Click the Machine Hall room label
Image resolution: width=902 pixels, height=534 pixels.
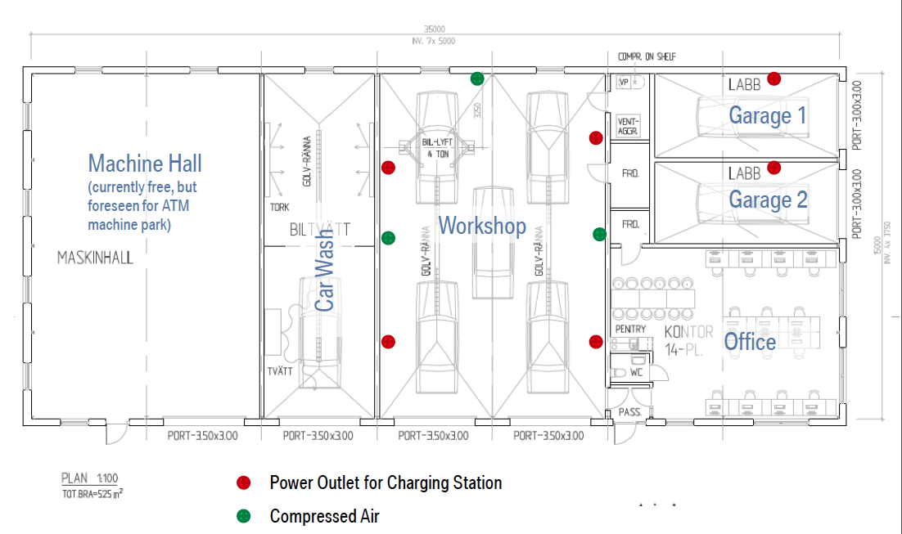click(x=145, y=164)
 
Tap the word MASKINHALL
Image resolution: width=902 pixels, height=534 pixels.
click(x=95, y=258)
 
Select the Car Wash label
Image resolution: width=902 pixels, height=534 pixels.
click(x=325, y=281)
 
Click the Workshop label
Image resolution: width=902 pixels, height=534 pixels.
click(x=482, y=226)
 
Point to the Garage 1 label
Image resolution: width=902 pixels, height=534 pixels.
click(x=767, y=115)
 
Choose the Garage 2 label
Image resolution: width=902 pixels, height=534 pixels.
click(x=767, y=200)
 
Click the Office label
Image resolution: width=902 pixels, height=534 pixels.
click(x=750, y=341)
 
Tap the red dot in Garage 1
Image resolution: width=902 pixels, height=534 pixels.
click(x=773, y=79)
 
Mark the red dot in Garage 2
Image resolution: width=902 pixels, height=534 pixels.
click(x=773, y=168)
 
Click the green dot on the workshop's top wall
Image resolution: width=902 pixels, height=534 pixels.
click(x=477, y=79)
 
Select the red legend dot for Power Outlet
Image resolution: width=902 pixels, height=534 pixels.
click(x=243, y=482)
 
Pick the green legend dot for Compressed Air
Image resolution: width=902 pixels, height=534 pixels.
click(x=243, y=516)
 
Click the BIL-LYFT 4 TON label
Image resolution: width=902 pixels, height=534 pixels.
click(x=435, y=148)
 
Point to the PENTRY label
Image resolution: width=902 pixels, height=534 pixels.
click(x=630, y=329)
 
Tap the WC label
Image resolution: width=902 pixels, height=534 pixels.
click(x=636, y=372)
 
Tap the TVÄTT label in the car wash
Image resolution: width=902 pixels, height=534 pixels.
click(x=280, y=371)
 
